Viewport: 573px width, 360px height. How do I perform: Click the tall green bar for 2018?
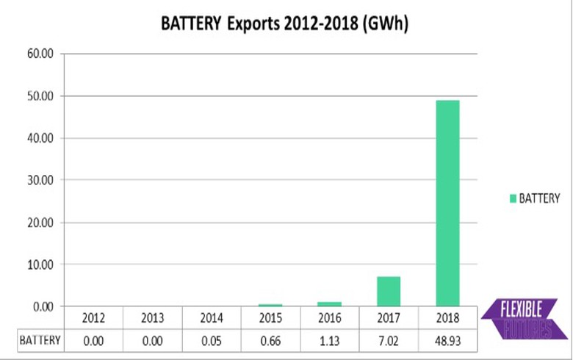[x=447, y=203]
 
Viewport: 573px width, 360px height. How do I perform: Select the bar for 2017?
[x=388, y=291]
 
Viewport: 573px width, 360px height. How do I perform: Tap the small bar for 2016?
[x=329, y=303]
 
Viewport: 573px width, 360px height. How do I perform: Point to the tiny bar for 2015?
[x=270, y=304]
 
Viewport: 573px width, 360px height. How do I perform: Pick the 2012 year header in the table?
[x=93, y=319]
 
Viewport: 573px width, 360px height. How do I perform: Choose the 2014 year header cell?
[x=212, y=319]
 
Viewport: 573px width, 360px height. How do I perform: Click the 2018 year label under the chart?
[x=447, y=319]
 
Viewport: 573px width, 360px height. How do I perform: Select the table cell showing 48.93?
[x=447, y=340]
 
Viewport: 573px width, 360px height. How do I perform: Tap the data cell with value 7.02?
[x=388, y=340]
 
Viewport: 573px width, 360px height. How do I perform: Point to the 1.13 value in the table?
[x=329, y=340]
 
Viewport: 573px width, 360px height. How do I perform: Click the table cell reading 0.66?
[x=270, y=340]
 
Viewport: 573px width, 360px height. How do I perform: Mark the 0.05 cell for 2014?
[x=212, y=340]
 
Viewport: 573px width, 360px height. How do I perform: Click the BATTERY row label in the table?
[x=40, y=340]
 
